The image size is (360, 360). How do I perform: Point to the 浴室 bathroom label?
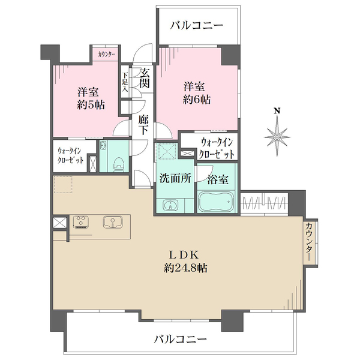(217, 178)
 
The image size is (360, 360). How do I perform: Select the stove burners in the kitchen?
(80, 222)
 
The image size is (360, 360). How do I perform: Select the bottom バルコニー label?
(180, 339)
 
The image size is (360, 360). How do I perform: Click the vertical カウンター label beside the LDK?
(308, 241)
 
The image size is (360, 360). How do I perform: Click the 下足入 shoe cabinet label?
(125, 83)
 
